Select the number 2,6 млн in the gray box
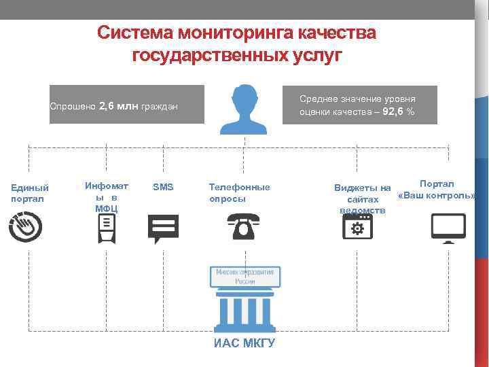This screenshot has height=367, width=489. [x=118, y=106]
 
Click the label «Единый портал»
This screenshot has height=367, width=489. [x=30, y=193]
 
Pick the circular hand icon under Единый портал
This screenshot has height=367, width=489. [x=26, y=226]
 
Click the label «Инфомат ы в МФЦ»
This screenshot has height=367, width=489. [x=106, y=196]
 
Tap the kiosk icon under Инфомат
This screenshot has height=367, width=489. [x=107, y=228]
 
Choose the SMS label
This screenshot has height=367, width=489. [x=163, y=187]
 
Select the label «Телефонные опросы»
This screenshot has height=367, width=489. [x=239, y=193]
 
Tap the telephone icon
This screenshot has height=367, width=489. [x=242, y=226]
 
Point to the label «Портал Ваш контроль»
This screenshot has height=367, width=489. [x=437, y=190]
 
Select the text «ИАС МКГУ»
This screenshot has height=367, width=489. [x=244, y=343]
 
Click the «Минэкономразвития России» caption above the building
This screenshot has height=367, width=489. [x=244, y=276]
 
